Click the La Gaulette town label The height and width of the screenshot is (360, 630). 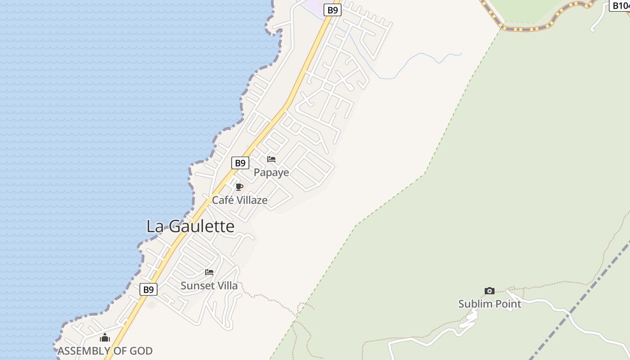[190, 226]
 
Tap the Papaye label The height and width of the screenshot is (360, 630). [271, 172]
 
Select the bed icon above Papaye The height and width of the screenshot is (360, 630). [271, 159]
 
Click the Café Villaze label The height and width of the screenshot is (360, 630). [239, 200]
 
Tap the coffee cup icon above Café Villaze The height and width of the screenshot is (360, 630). [239, 187]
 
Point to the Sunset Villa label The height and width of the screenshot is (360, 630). [209, 285]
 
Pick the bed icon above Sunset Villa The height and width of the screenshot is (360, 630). [209, 272]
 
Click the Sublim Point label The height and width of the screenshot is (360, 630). [490, 304]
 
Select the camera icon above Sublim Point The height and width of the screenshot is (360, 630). [490, 291]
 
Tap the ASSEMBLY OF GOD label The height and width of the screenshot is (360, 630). [105, 351]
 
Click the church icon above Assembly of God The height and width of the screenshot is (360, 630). [105, 337]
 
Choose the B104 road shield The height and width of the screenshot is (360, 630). [620, 5]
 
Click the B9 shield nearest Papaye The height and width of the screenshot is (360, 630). [240, 163]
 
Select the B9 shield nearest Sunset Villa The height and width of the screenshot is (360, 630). [148, 289]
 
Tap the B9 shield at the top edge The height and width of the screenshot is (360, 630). [332, 10]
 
